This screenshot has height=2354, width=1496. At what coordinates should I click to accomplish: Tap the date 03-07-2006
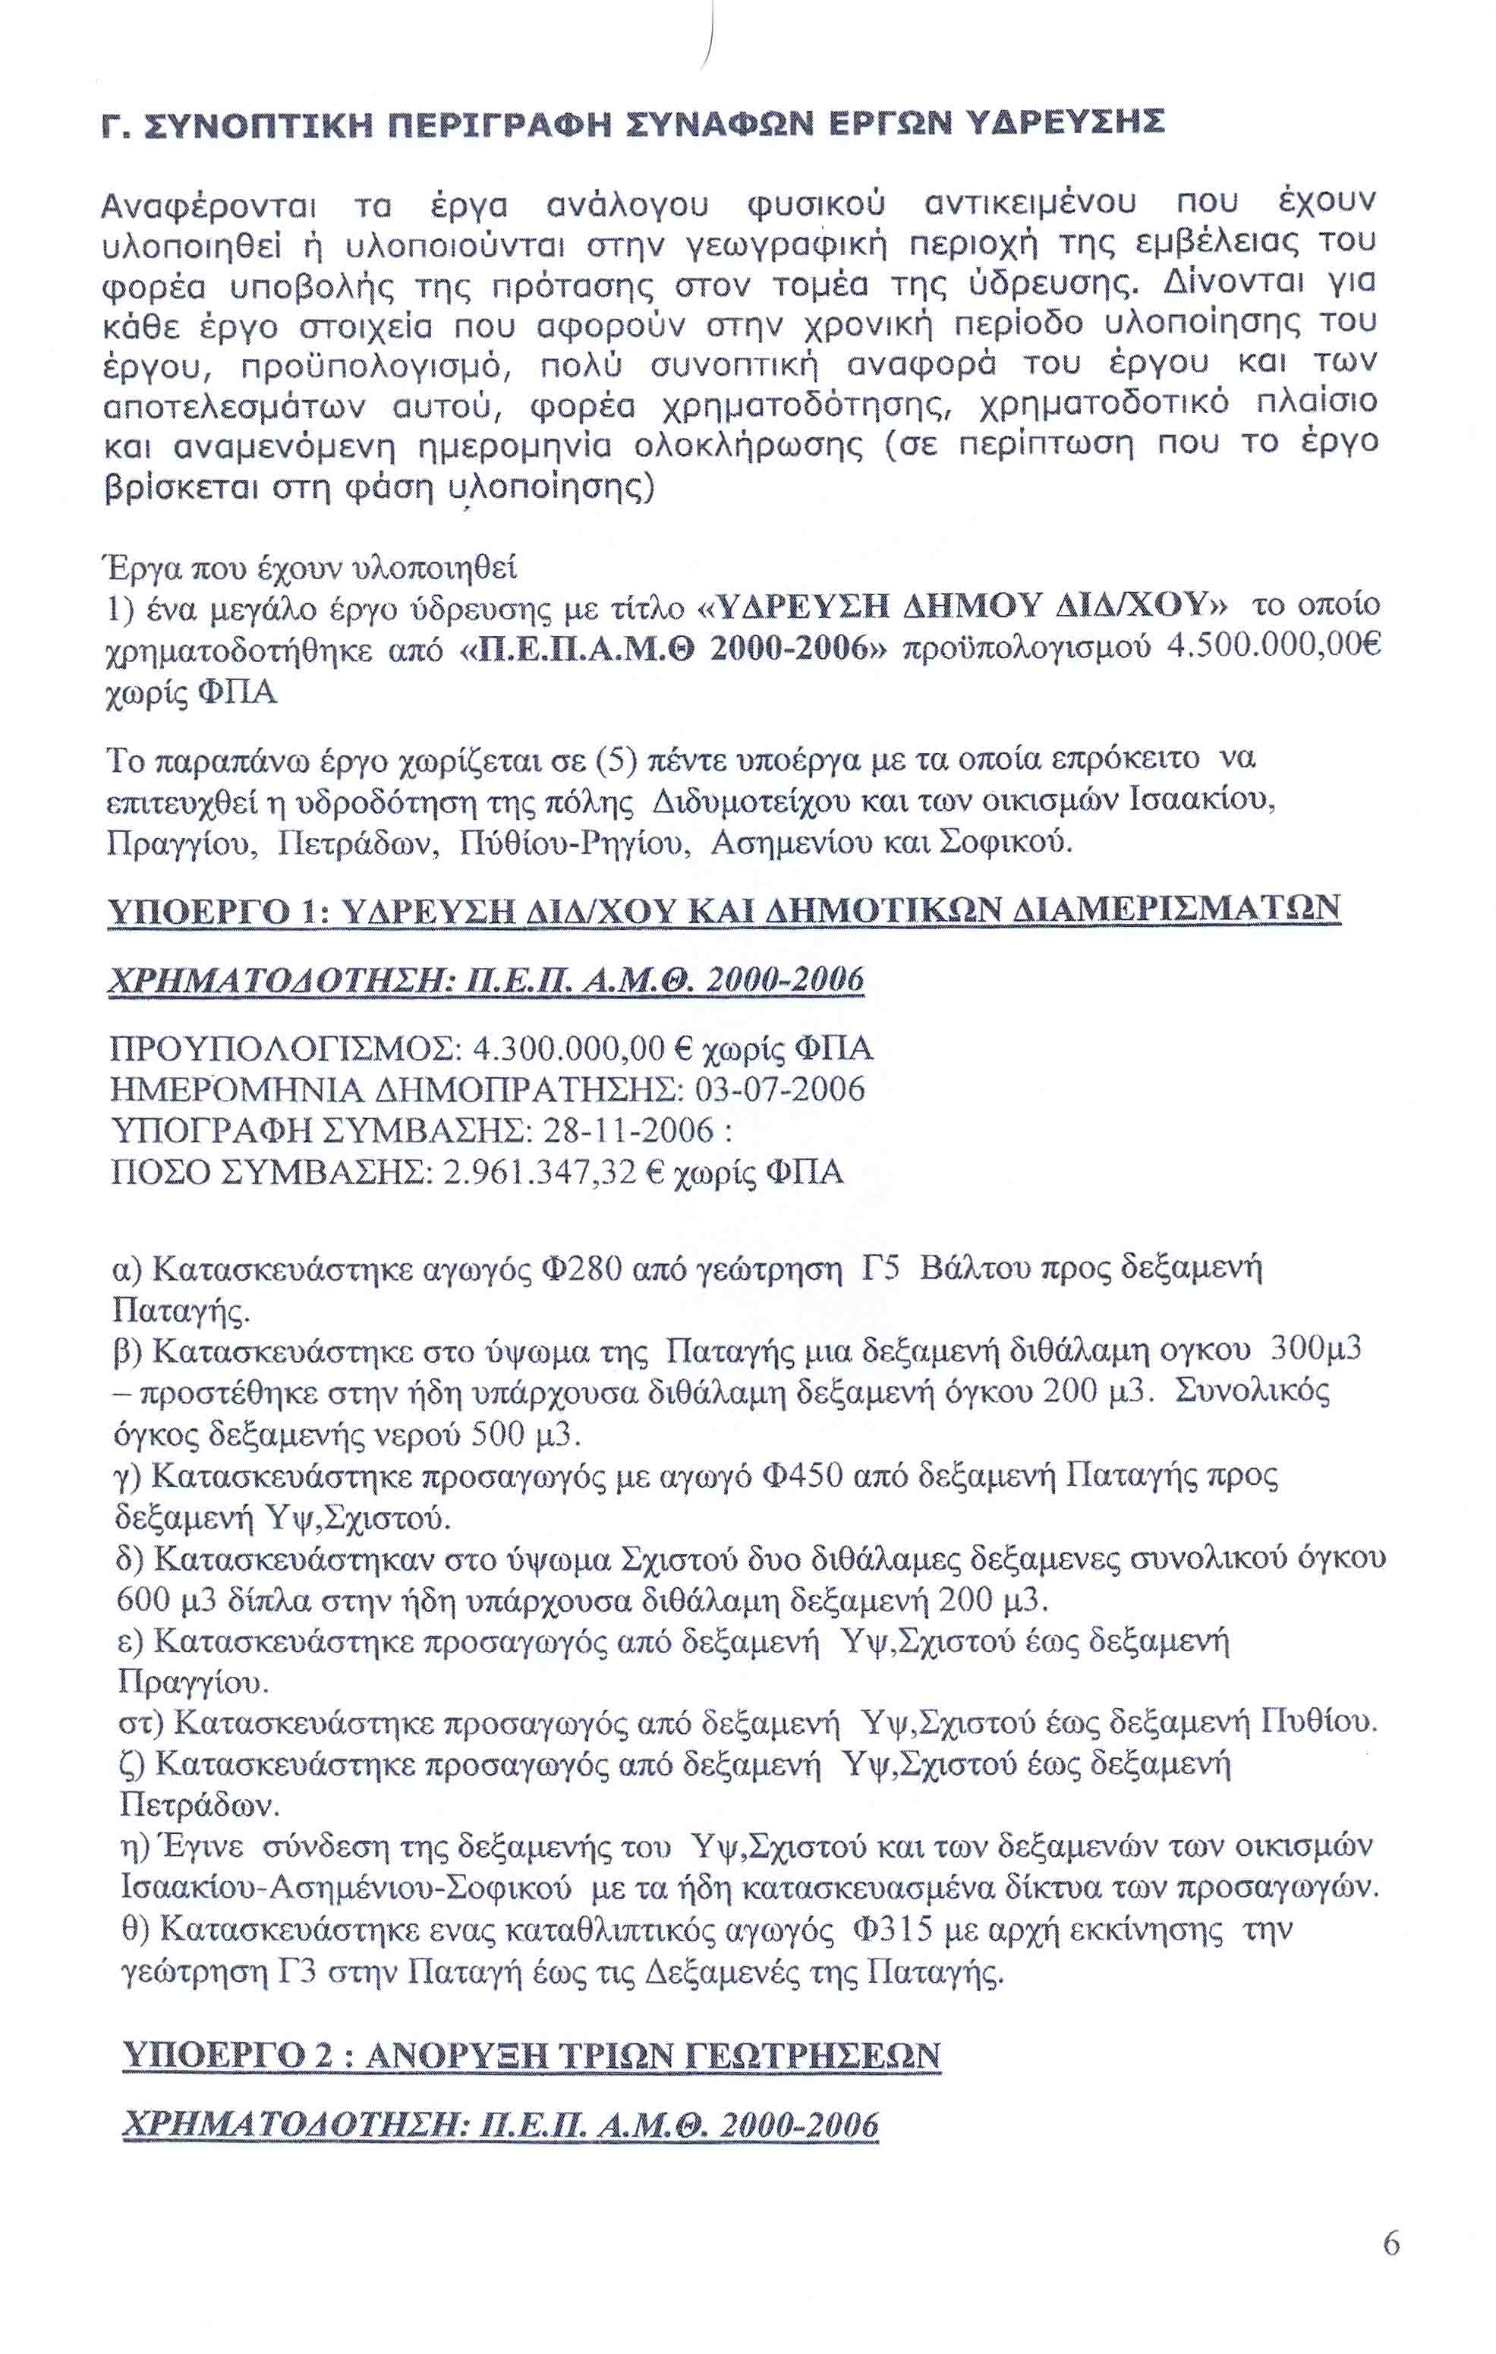coord(779,1090)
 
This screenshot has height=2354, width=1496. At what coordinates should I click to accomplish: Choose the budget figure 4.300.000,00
coord(568,1049)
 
